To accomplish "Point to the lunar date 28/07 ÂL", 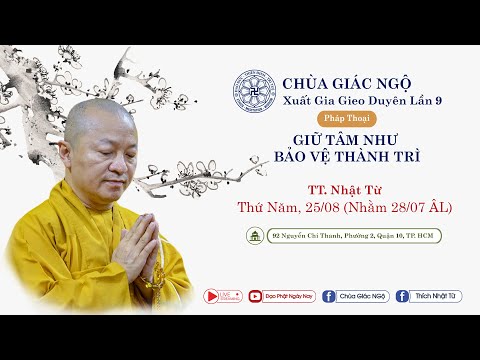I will click(x=426, y=207).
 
